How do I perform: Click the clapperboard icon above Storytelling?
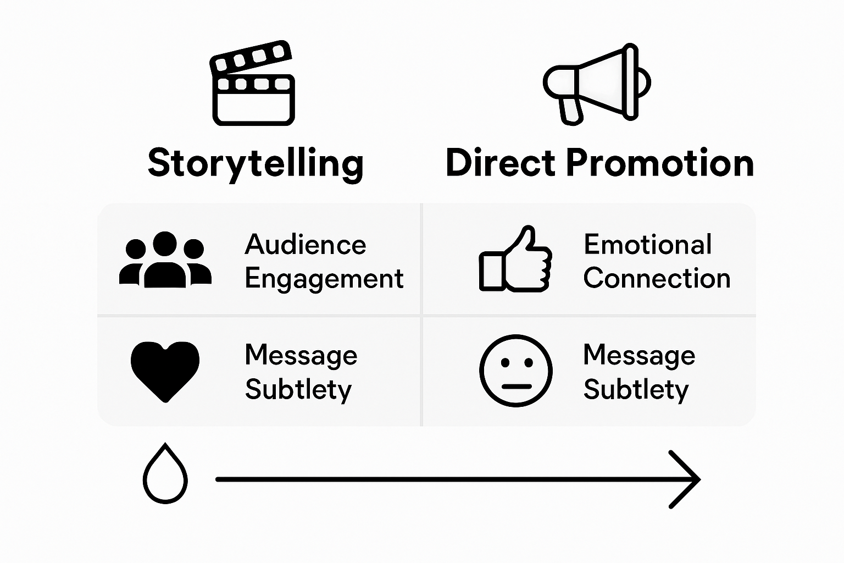(x=253, y=84)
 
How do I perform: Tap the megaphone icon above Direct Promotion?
(x=597, y=82)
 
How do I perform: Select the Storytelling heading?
(x=256, y=163)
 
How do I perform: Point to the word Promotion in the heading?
(x=659, y=163)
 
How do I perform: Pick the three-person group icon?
(x=165, y=260)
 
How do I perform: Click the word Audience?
(x=305, y=244)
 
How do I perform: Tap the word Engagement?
(x=324, y=278)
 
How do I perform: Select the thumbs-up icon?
(x=515, y=259)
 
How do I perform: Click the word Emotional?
(x=647, y=244)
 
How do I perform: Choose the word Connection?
(x=657, y=278)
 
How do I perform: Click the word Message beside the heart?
(x=301, y=355)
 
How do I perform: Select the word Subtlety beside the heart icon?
(x=298, y=389)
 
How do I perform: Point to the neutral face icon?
(x=515, y=371)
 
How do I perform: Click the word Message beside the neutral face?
(x=639, y=355)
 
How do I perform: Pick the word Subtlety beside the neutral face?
(x=636, y=389)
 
